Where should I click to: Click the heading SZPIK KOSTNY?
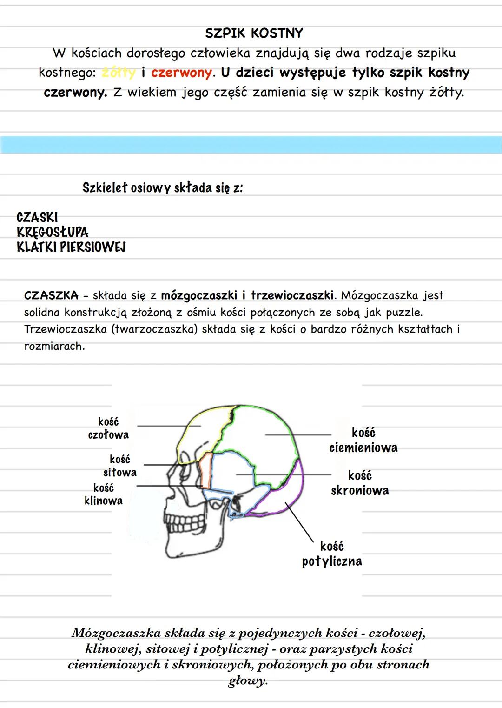tap(254, 33)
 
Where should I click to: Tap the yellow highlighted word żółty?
tap(119, 73)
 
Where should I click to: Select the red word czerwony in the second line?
tap(181, 73)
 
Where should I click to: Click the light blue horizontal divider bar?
tap(251, 145)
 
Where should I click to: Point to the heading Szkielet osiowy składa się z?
tap(163, 188)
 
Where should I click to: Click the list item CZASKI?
tap(37, 217)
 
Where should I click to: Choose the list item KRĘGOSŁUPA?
tap(53, 232)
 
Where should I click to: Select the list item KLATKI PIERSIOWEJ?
tap(71, 247)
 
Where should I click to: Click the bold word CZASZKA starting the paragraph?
tap(51, 295)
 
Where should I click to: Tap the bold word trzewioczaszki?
tap(292, 295)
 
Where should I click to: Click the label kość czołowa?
tap(108, 428)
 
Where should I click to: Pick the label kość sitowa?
tap(120, 466)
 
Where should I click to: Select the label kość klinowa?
tap(104, 494)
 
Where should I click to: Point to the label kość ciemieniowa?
tap(363, 441)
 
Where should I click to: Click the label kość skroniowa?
tap(360, 483)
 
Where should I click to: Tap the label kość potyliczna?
tap(332, 554)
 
